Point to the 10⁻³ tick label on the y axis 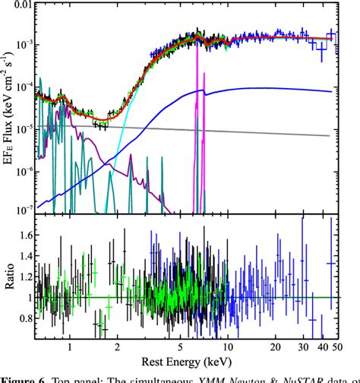pyautogui.click(x=24, y=46)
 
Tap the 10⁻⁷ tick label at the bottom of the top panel pyautogui.click(x=24, y=207)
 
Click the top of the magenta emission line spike pyautogui.click(x=197, y=43)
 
